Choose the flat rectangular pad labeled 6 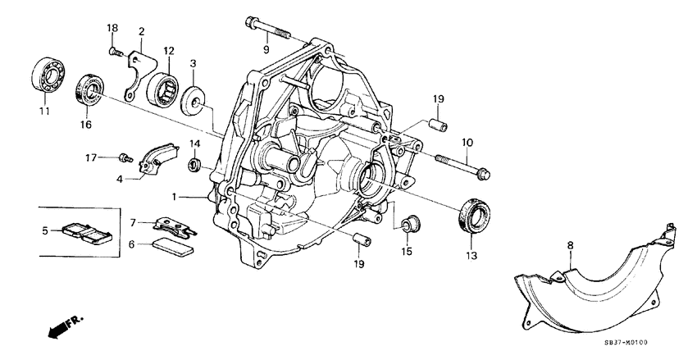click(x=173, y=247)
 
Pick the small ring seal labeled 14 click(x=195, y=166)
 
